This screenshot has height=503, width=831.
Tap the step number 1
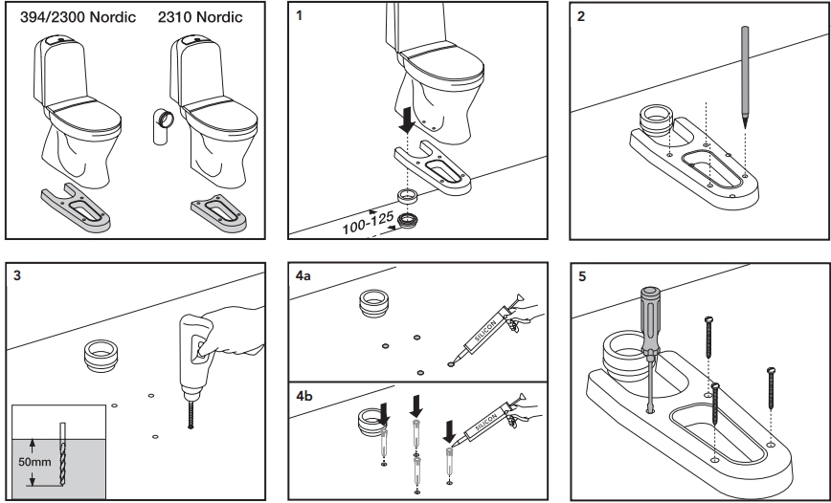pyautogui.click(x=302, y=17)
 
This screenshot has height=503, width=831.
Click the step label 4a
pyautogui.click(x=303, y=276)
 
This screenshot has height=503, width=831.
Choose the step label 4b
pyautogui.click(x=303, y=395)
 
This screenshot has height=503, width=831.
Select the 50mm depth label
pyautogui.click(x=35, y=463)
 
